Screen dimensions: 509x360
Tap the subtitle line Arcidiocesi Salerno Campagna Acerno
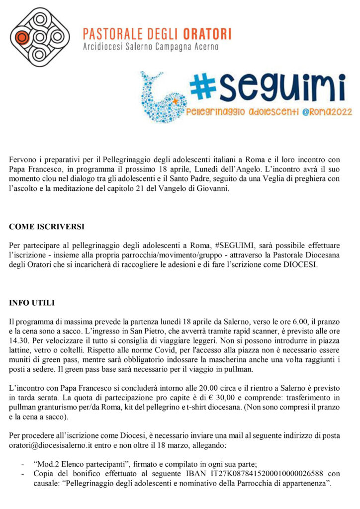click(151, 47)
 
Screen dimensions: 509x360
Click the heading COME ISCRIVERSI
click(47, 227)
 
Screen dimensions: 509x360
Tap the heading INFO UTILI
click(32, 302)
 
